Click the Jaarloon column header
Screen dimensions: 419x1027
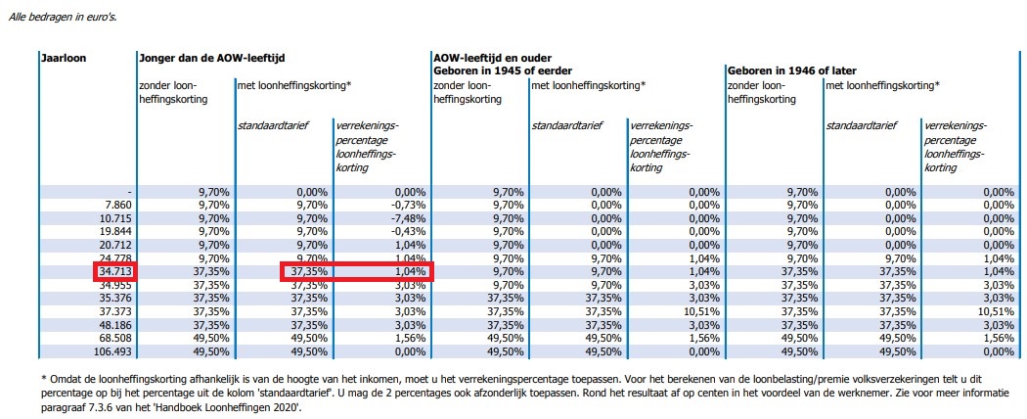click(x=64, y=58)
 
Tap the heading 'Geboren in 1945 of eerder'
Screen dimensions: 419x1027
click(x=504, y=70)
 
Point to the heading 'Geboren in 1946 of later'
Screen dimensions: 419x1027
click(x=797, y=70)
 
